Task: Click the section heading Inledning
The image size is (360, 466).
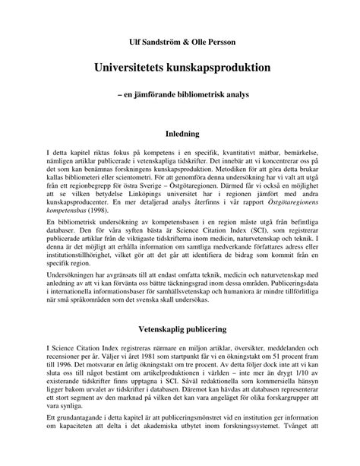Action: [180, 135]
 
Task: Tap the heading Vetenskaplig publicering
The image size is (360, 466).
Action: [180, 332]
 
